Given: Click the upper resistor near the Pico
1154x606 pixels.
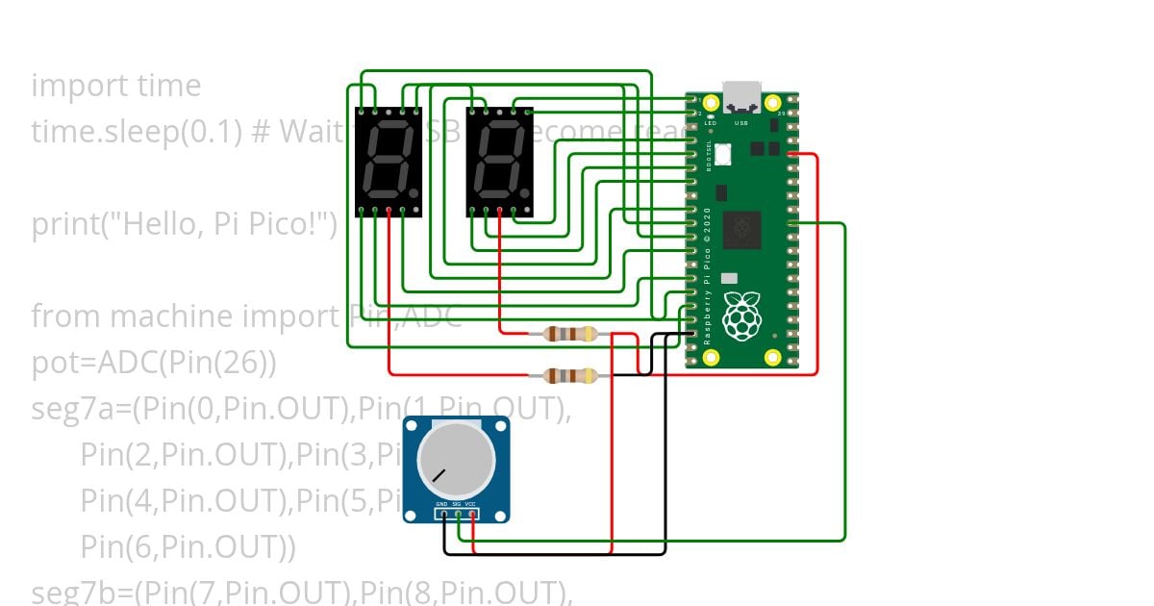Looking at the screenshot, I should pos(570,335).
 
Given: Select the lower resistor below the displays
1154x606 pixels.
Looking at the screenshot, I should pos(570,375).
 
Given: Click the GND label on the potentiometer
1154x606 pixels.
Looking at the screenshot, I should pos(441,504).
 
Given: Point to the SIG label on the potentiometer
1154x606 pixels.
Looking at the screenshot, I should pos(457,504).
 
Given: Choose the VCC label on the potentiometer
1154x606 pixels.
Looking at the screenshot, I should pos(472,504).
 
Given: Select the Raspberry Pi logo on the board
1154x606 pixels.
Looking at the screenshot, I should pos(741,317).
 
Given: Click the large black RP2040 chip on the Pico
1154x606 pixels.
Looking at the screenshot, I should pos(741,229).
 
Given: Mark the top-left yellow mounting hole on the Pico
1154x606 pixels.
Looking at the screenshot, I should pos(711,103).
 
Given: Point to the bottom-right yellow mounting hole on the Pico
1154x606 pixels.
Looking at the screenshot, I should pos(772,358).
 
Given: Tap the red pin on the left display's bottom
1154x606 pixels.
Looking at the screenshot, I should pos(389,210).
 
